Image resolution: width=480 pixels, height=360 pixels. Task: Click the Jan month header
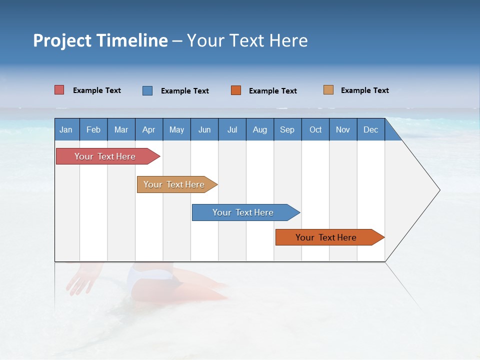[x=66, y=129]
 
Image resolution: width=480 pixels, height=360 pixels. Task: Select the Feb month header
[x=93, y=129]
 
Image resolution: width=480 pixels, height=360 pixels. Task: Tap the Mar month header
[x=121, y=129]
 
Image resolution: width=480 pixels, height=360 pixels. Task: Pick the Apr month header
[x=148, y=129]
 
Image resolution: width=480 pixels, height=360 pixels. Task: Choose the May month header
[x=176, y=129]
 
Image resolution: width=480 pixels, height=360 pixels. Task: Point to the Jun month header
[x=204, y=129]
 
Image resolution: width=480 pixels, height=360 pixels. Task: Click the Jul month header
[x=232, y=129]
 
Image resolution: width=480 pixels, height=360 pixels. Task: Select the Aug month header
[x=260, y=129]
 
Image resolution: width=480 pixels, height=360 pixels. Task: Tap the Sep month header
[x=287, y=129]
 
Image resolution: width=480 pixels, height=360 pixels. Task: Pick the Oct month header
[x=315, y=129]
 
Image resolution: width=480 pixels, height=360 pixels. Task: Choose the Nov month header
[x=343, y=129]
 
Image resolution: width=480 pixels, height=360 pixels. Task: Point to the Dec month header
[x=371, y=129]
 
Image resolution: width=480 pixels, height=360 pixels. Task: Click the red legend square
[x=59, y=90]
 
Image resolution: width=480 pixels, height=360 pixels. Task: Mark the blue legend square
[x=147, y=90]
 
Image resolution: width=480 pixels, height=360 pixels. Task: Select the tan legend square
[x=328, y=90]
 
